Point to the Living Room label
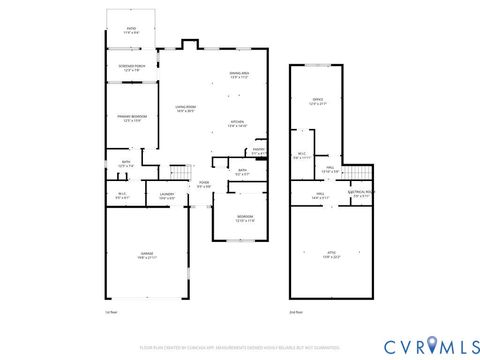186,108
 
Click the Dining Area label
239,75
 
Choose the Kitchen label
237,124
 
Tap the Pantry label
258,152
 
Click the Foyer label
203,184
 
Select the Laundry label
167,196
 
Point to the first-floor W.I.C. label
122,196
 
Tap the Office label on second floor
317,102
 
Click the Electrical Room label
363,194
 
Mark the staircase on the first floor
180,172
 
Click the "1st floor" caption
112,313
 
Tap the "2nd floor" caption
296,313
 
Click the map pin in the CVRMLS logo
431,345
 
